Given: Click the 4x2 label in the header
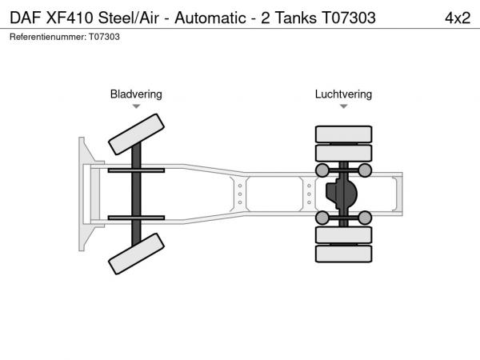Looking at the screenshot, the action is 458,18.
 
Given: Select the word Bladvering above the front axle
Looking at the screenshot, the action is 136,94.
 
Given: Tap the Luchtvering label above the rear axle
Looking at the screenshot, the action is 343,94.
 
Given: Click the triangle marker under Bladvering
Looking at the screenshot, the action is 136,106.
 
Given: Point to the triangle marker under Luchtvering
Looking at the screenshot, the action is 343,106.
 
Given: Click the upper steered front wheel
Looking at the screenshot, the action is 136,134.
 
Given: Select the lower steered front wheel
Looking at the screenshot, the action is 136,254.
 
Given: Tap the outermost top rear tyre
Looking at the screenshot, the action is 343,134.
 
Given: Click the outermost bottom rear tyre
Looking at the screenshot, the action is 343,254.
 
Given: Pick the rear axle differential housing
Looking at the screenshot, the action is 342,194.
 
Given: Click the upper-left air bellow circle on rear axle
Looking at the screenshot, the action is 322,170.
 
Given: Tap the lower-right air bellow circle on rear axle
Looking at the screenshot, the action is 365,218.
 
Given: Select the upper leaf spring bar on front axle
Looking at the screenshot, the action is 136,170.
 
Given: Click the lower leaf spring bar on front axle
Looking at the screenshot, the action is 136,218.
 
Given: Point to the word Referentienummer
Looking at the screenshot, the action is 48,37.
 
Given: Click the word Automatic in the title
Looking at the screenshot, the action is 210,18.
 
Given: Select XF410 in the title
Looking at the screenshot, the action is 70,18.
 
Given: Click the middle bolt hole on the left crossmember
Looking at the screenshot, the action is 240,194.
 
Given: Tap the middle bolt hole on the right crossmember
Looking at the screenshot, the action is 309,194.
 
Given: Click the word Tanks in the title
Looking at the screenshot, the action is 296,18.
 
